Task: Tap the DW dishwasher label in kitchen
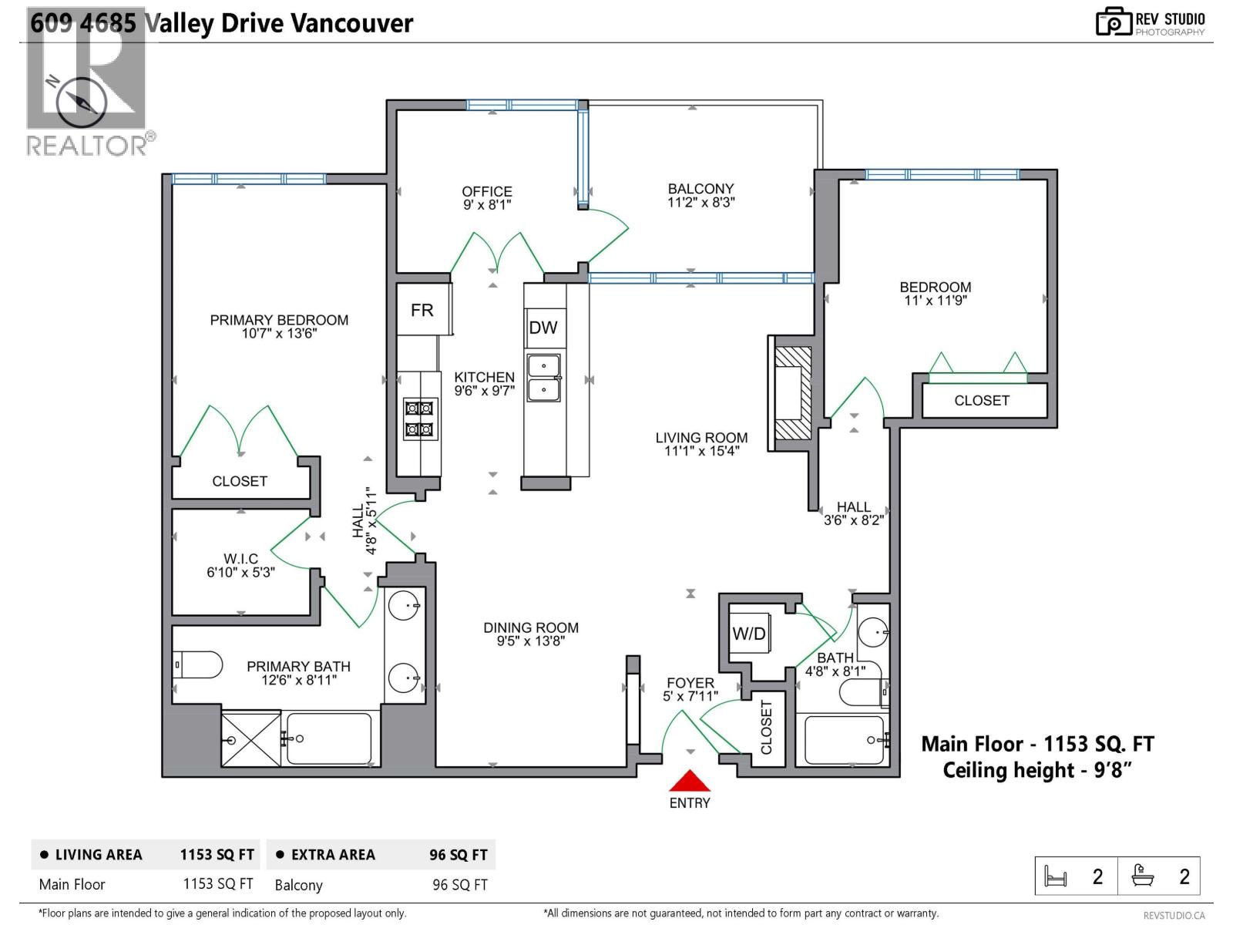coord(543,328)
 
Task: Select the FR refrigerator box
coord(422,310)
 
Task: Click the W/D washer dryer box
coord(749,634)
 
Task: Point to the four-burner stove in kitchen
coord(419,419)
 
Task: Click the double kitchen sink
coord(544,378)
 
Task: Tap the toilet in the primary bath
coord(198,664)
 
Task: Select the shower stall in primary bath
coord(251,738)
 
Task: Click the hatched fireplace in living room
coord(793,393)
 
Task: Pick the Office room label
coord(486,191)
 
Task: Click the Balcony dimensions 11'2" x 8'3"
coord(700,203)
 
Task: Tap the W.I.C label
coord(240,559)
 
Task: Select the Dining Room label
coord(531,628)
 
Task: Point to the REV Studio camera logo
coord(1113,22)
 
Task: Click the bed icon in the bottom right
coord(1056,876)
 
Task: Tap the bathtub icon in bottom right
coord(1142,876)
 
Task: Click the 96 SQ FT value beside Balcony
coord(459,885)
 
